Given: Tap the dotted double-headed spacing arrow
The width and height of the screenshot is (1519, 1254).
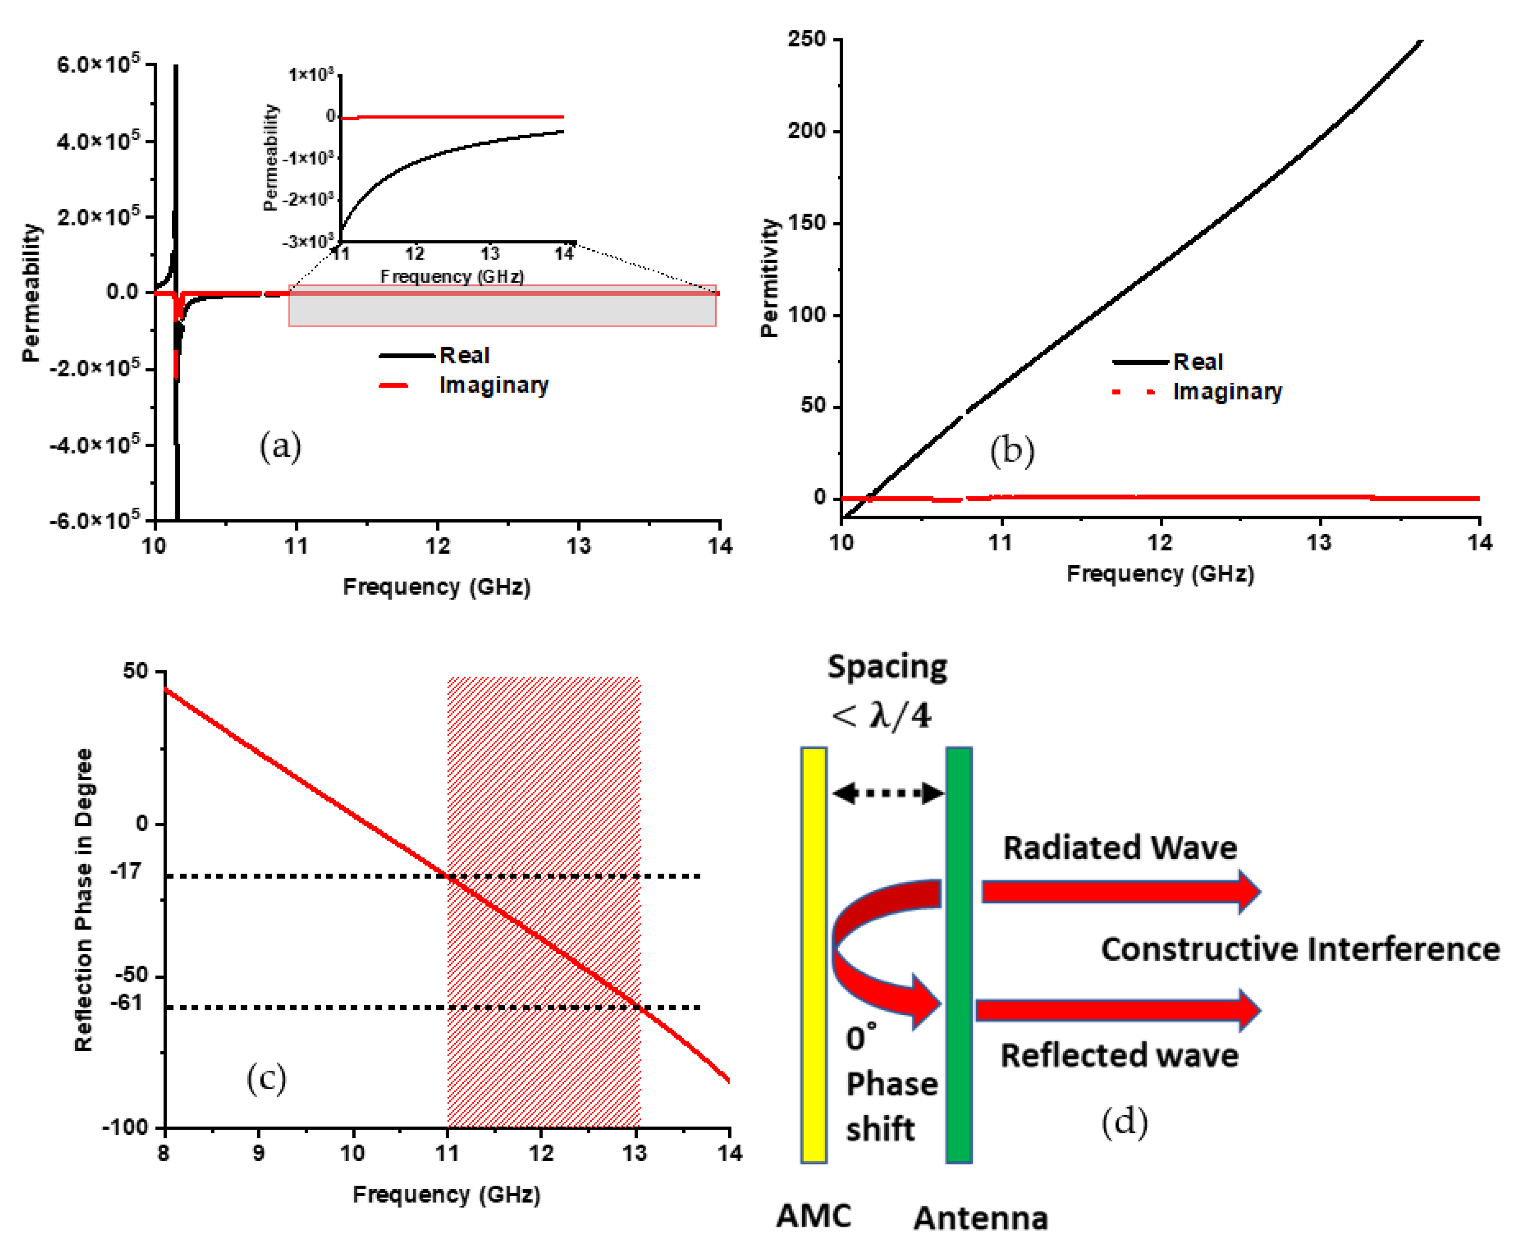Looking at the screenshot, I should click(887, 793).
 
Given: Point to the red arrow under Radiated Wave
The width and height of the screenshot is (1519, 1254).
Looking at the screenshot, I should click(1119, 892).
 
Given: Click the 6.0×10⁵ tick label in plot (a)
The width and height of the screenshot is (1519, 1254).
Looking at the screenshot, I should click(97, 65).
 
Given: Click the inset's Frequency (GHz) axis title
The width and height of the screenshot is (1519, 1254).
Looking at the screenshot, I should click(452, 276).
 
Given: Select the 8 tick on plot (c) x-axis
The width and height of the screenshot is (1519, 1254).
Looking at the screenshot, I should click(164, 1152).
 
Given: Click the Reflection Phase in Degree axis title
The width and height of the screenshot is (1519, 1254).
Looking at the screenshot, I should click(84, 899).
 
